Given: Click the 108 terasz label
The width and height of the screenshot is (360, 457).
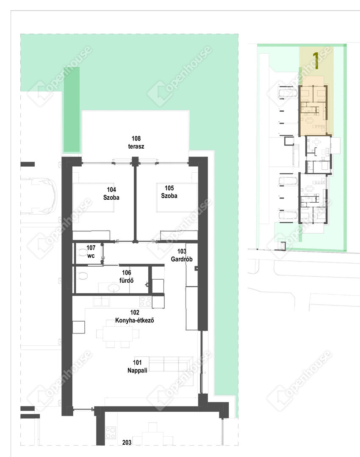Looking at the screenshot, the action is click(x=136, y=142).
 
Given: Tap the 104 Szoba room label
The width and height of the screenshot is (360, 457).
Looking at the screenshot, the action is click(x=111, y=193).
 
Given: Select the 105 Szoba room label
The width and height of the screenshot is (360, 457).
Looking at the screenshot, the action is click(x=169, y=192).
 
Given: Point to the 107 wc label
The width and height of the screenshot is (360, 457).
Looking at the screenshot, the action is click(x=91, y=251).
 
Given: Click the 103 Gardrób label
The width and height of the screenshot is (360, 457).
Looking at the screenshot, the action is click(x=182, y=255).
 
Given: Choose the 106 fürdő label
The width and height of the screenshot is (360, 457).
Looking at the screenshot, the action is click(x=126, y=277).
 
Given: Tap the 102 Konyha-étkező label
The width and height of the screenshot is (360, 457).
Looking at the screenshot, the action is click(x=135, y=316).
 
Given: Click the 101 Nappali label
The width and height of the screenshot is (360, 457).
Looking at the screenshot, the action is click(x=137, y=366).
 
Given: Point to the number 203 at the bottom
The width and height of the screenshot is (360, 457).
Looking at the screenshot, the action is click(x=127, y=442).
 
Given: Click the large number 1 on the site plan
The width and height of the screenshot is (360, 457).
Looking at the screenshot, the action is click(x=316, y=61).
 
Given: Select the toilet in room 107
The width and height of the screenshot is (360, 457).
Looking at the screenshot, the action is click(x=83, y=253).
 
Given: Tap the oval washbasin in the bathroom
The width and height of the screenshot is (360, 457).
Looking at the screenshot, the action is click(x=114, y=288).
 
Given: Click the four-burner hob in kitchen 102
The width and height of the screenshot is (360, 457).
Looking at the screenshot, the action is click(x=146, y=301).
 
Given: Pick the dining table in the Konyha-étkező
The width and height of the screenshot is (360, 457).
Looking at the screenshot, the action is click(x=118, y=333).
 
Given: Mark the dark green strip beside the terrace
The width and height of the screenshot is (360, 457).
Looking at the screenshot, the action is click(x=72, y=109).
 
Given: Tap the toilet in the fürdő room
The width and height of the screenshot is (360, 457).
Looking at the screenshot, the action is click(x=83, y=275).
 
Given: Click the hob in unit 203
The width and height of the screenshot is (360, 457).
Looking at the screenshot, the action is click(x=111, y=433).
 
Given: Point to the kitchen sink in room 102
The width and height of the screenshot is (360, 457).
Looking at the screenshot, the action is click(x=101, y=301).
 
